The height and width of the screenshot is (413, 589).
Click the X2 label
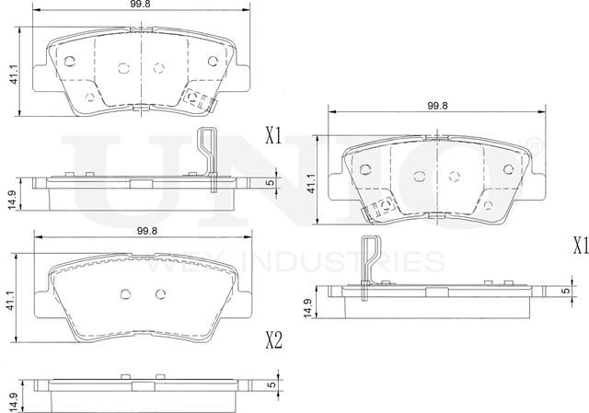pyautogui.click(x=271, y=341)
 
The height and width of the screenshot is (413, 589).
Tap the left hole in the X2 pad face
pyautogui.click(x=124, y=293)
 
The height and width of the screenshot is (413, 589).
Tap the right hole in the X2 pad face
pyautogui.click(x=160, y=293)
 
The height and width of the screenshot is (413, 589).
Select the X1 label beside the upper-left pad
pyautogui.click(x=271, y=137)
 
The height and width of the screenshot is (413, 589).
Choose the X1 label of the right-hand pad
pyautogui.click(x=579, y=246)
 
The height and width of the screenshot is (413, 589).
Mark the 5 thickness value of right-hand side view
pyautogui.click(x=564, y=291)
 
